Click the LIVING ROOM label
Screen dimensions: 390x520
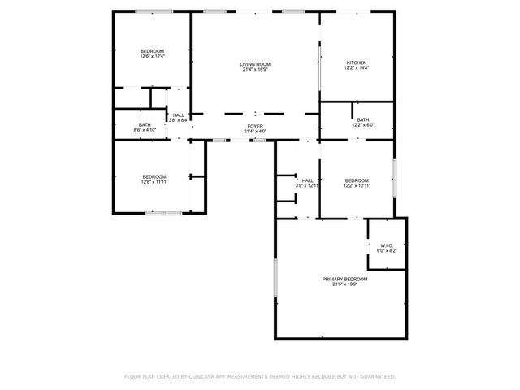tap(255, 63)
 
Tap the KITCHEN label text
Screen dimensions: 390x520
tap(357, 63)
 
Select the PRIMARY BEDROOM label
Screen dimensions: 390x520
tap(340, 279)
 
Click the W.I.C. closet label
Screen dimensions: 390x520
tap(386, 245)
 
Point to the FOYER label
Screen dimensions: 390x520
tap(255, 126)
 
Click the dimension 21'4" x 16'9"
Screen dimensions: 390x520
tap(255, 69)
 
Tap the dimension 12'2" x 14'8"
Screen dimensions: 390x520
tap(357, 68)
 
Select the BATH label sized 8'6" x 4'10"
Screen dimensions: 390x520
tap(145, 124)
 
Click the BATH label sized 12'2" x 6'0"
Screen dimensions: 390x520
tap(362, 119)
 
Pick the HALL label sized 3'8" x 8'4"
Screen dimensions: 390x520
tap(179, 115)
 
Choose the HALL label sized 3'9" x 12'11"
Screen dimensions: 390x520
tap(307, 180)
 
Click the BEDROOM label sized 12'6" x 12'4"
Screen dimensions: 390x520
tap(153, 51)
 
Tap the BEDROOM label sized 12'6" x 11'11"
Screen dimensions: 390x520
tap(154, 176)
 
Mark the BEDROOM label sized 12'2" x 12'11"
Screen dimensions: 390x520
tap(357, 180)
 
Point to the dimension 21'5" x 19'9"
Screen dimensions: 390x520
tap(340, 284)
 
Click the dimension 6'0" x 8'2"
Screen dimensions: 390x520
tap(386, 251)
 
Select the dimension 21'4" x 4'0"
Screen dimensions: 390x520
tap(255, 132)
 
